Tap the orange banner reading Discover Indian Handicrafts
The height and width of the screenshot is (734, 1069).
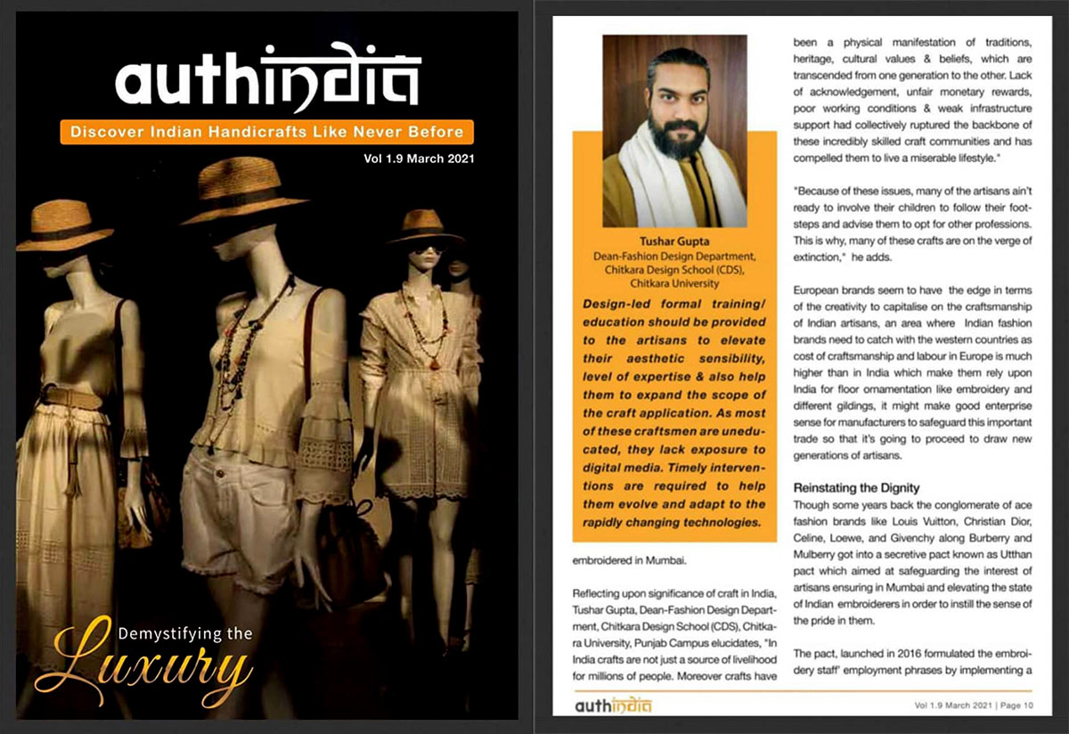(266, 132)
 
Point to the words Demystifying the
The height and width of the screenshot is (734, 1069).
(184, 634)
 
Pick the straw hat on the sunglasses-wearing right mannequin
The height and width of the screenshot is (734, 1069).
(425, 225)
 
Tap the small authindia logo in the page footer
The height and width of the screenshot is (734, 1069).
(613, 705)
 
